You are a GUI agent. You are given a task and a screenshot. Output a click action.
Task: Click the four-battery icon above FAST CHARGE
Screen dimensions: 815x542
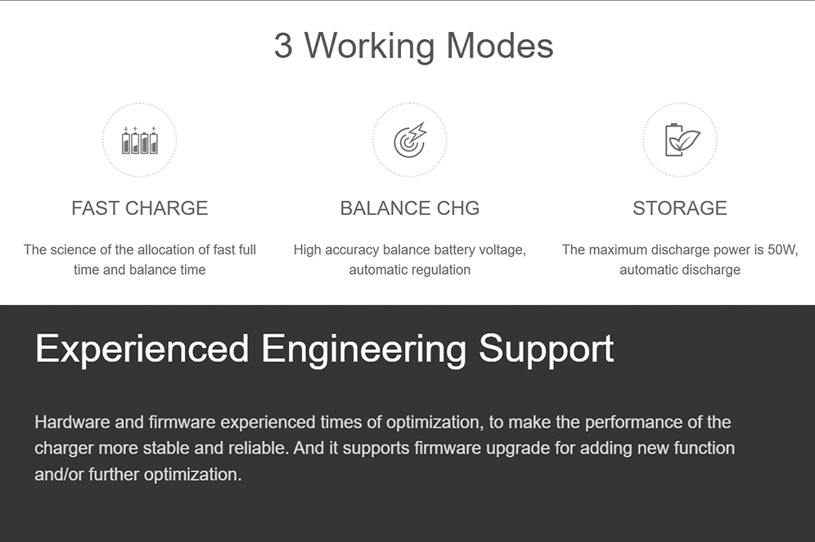point(139,140)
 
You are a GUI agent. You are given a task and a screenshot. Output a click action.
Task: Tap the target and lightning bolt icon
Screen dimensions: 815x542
point(410,140)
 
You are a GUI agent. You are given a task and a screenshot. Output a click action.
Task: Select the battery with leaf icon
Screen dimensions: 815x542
point(682,140)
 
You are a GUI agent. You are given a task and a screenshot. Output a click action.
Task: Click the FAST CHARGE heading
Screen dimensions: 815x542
point(139,208)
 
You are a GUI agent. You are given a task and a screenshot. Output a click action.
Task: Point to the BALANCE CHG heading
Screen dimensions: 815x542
point(410,208)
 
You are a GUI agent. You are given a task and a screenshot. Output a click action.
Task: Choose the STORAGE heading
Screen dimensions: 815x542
point(680,208)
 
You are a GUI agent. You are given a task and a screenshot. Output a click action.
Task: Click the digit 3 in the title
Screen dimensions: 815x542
point(283,46)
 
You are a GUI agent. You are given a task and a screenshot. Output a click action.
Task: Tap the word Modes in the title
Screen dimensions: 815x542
point(499,46)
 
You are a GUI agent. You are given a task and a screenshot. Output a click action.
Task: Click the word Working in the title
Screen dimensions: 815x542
point(369,47)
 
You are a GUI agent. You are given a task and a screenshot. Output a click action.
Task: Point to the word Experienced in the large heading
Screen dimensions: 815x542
point(142,349)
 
